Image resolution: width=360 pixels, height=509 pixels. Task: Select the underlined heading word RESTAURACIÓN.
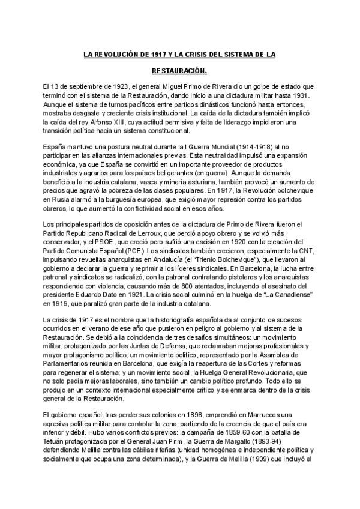[x=179, y=71]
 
